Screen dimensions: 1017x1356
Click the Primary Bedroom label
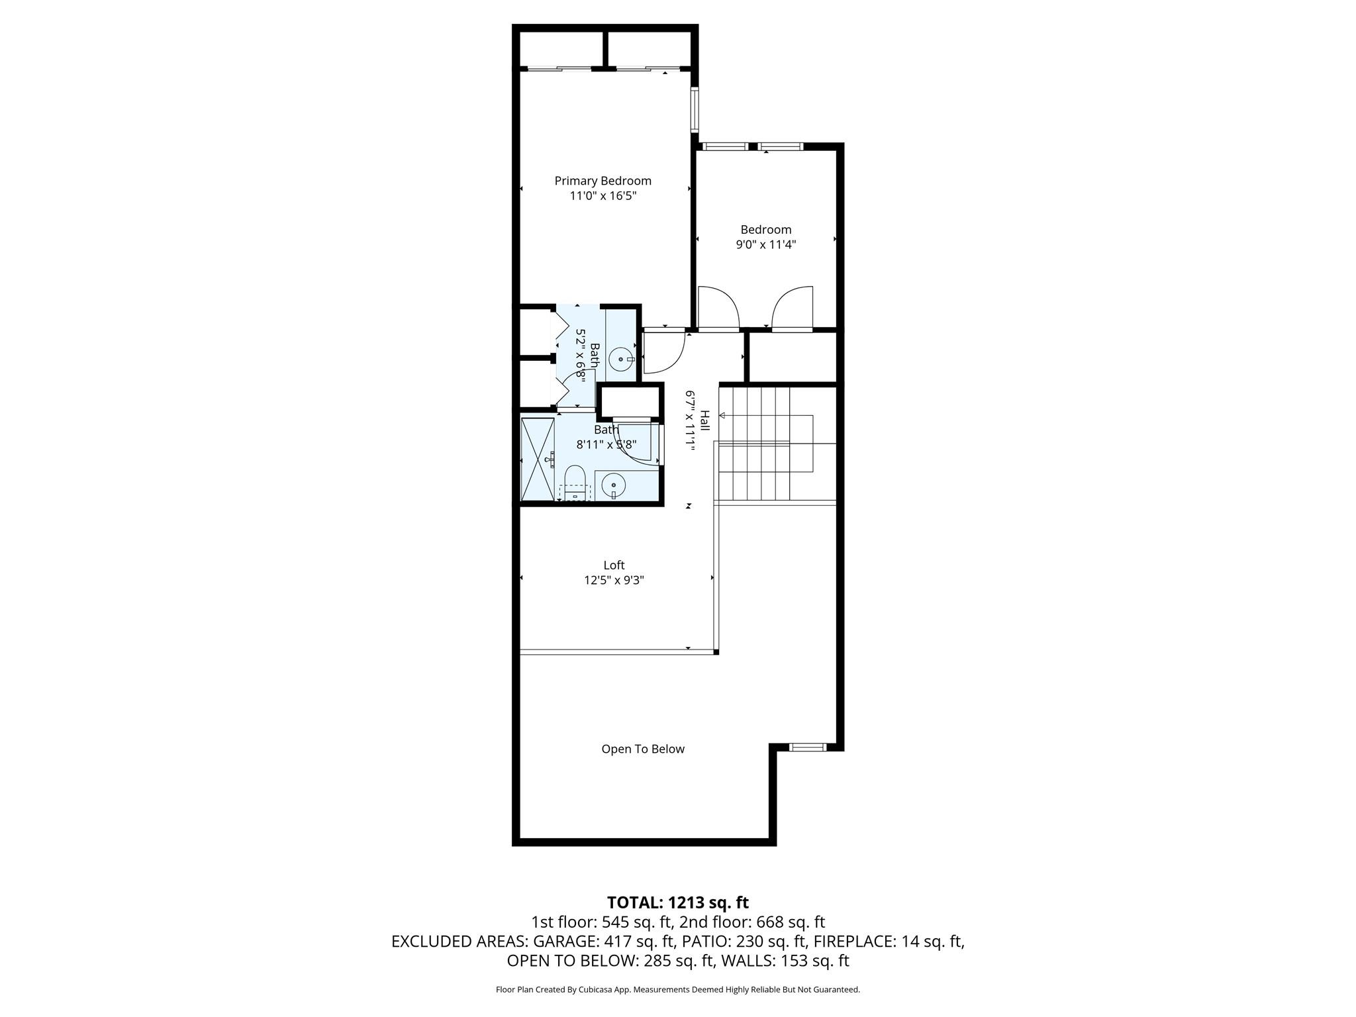click(603, 181)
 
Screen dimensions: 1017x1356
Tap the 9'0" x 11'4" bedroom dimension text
click(765, 244)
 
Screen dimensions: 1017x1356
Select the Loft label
click(614, 565)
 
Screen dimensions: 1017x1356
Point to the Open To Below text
click(642, 749)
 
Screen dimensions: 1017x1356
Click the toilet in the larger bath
click(575, 482)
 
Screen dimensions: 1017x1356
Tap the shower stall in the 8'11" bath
click(538, 460)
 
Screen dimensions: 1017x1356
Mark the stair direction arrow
click(722, 415)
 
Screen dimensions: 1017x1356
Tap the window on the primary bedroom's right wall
click(695, 109)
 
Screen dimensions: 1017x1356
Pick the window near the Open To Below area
click(808, 747)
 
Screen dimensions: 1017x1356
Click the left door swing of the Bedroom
click(718, 308)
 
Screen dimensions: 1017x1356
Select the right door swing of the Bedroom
click(793, 308)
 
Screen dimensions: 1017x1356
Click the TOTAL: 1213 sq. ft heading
click(677, 902)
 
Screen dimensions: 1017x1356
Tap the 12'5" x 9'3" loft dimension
click(614, 580)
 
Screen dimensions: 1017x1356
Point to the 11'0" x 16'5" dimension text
click(603, 196)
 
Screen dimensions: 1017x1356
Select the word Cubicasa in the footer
click(595, 990)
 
